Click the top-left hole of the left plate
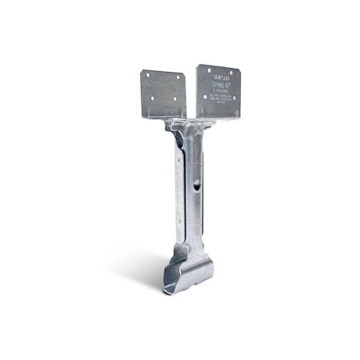[147, 74]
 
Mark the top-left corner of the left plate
[143, 69]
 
